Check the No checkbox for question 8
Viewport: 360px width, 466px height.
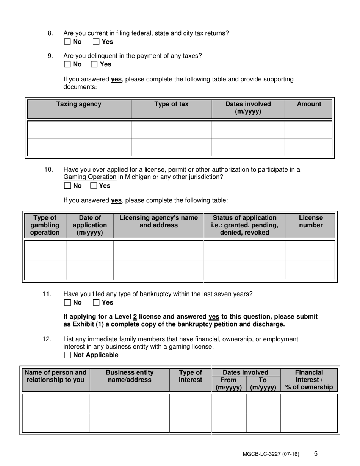pyautogui.click(x=67, y=42)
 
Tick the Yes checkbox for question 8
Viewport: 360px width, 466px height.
pyautogui.click(x=96, y=42)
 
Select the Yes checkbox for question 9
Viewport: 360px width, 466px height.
pyautogui.click(x=94, y=64)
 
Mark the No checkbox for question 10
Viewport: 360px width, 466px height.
pyautogui.click(x=67, y=186)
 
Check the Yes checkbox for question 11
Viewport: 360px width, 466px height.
pyautogui.click(x=96, y=302)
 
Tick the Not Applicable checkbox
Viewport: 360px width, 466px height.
pyautogui.click(x=67, y=355)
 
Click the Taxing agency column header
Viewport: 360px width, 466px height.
pyautogui.click(x=79, y=104)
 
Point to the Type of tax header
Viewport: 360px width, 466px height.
pyautogui.click(x=171, y=104)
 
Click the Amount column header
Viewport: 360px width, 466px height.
pyautogui.click(x=309, y=104)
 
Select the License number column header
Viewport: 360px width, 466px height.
pyautogui.click(x=311, y=222)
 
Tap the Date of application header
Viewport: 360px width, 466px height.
pyautogui.click(x=90, y=225)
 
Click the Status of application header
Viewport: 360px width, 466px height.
pyautogui.click(x=244, y=225)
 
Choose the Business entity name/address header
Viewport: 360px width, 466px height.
pyautogui.click(x=130, y=376)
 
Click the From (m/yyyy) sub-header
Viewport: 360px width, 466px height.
pyautogui.click(x=229, y=383)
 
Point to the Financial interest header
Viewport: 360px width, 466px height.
pyautogui.click(x=309, y=380)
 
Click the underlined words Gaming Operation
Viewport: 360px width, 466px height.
pyautogui.click(x=90, y=177)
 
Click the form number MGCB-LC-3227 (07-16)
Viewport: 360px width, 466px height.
pyautogui.click(x=271, y=454)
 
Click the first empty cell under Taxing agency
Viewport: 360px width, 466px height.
pyautogui.click(x=80, y=130)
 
